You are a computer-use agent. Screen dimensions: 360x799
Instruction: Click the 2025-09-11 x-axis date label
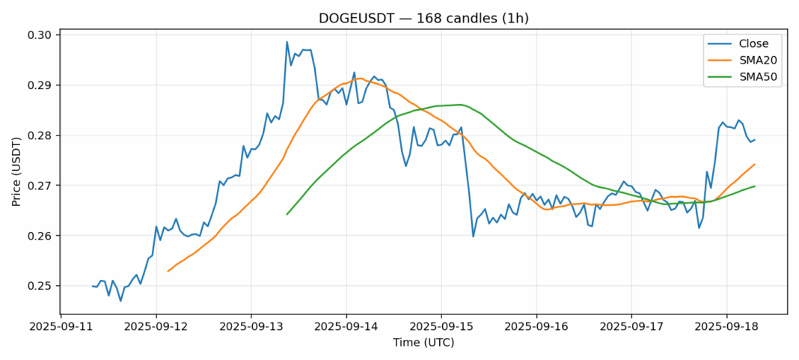point(61,327)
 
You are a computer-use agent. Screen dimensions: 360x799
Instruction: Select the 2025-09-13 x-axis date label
point(251,327)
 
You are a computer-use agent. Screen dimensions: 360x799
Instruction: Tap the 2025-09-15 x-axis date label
point(441,327)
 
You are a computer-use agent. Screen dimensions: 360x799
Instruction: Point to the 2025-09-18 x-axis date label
point(726,327)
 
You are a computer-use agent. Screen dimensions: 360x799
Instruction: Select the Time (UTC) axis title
point(423,343)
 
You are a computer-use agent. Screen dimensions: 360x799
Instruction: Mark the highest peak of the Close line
point(287,42)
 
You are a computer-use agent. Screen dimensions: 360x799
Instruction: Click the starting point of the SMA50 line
point(287,215)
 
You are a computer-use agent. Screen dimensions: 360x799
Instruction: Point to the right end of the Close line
point(754,140)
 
